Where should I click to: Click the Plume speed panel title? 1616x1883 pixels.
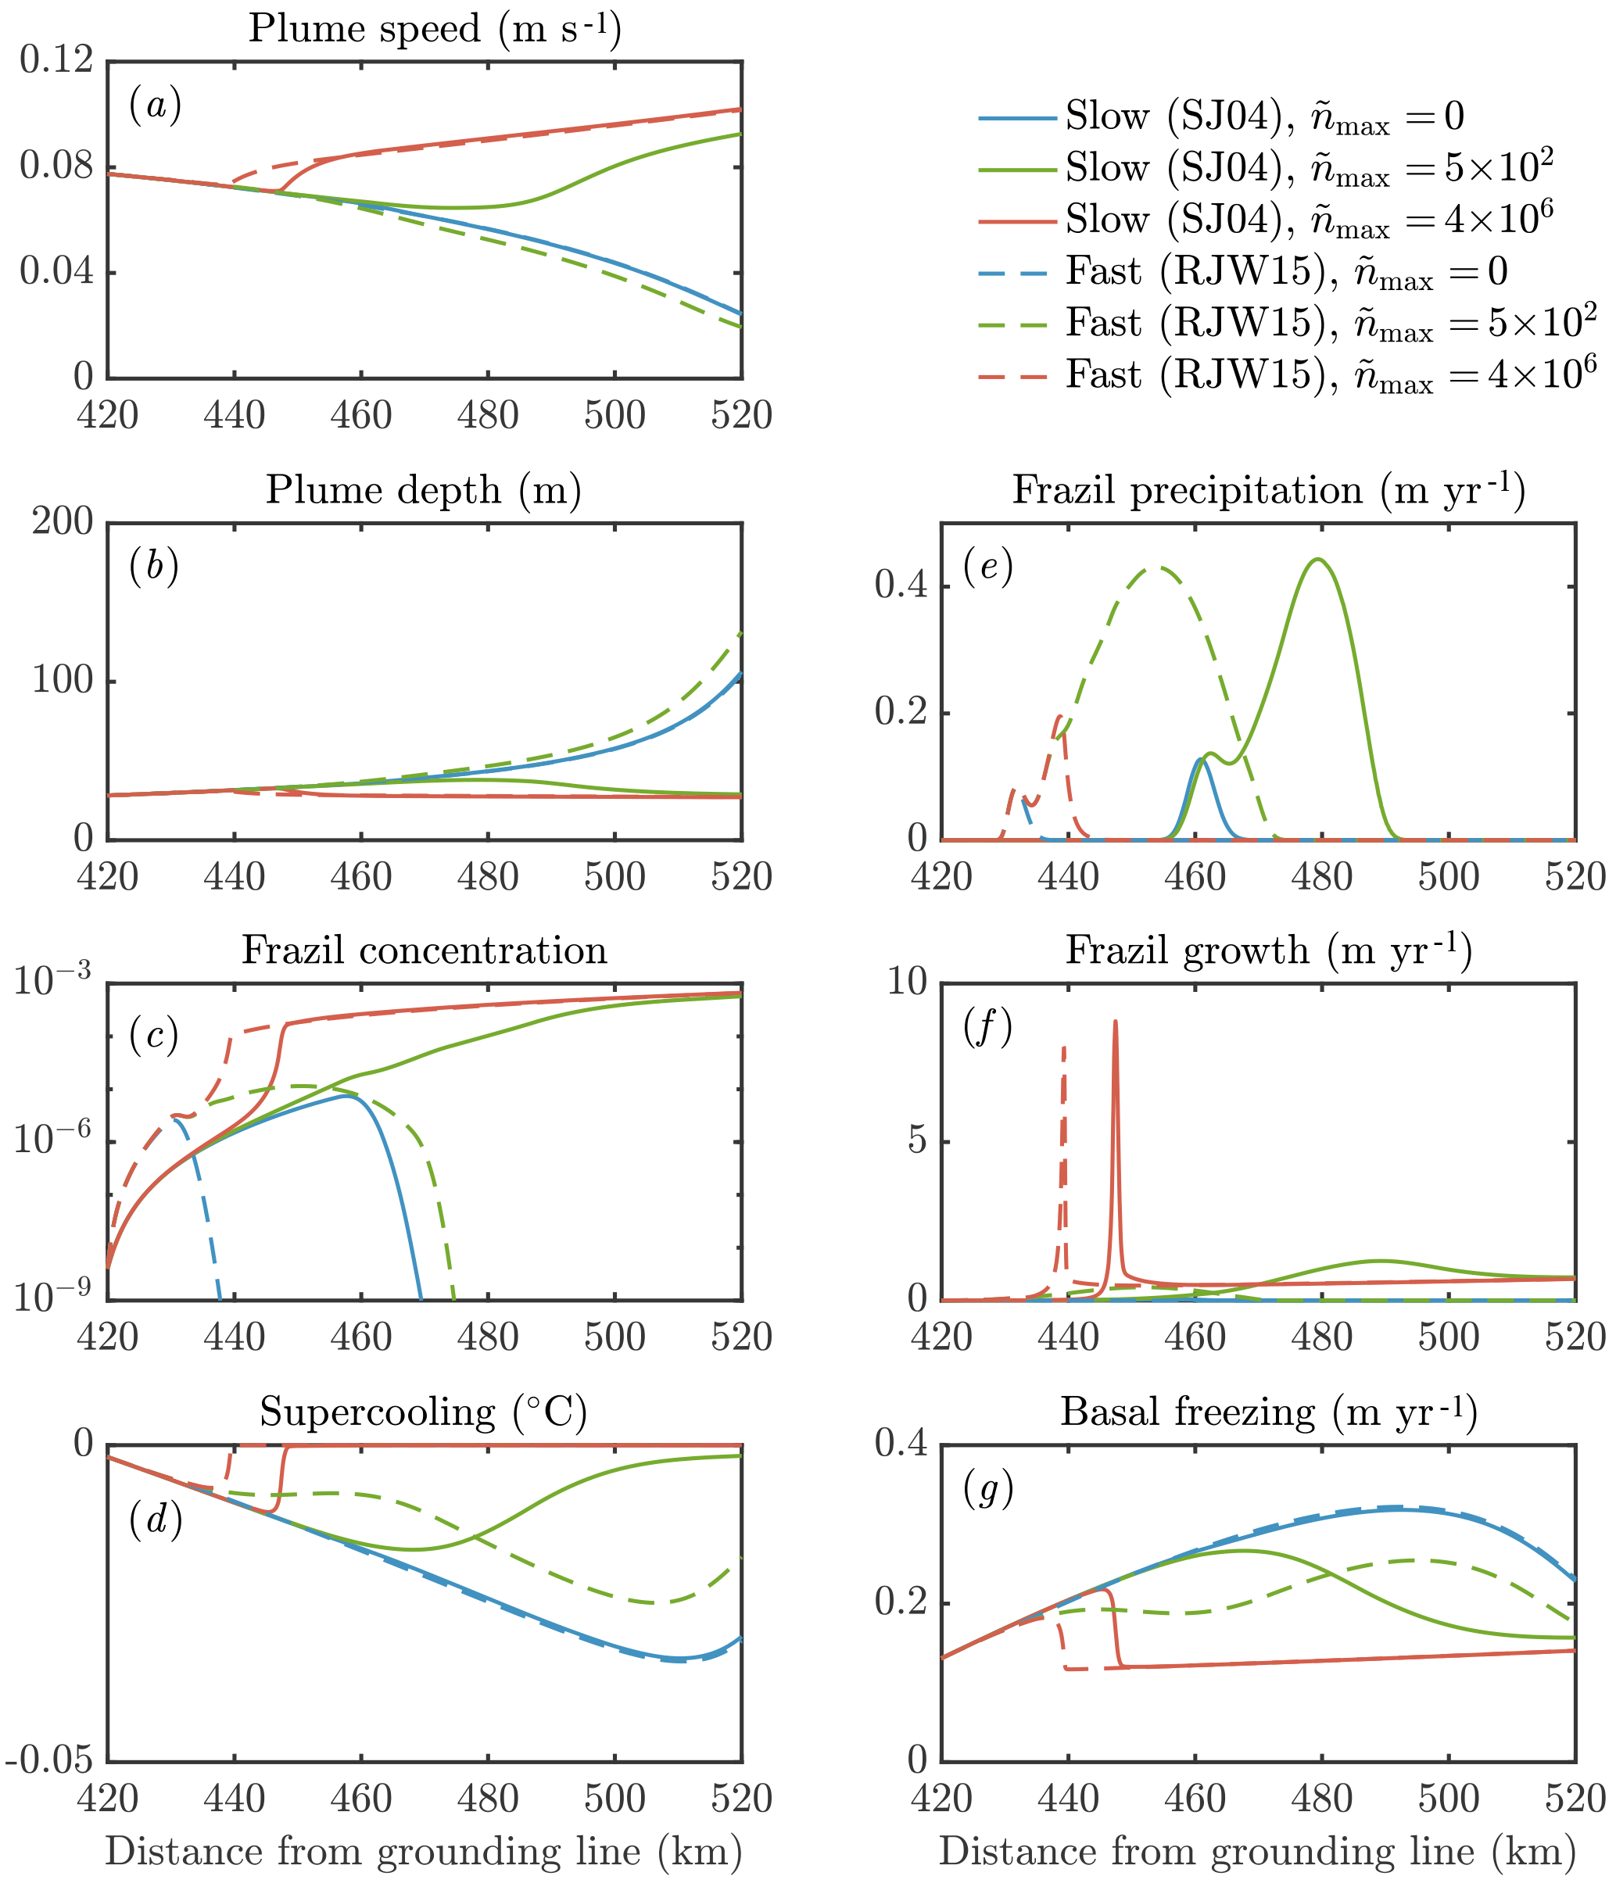tap(435, 29)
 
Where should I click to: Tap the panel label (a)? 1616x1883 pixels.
tap(155, 106)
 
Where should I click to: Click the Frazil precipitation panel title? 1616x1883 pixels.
tap(1268, 491)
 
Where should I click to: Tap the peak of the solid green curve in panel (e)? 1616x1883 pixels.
tap(1317, 560)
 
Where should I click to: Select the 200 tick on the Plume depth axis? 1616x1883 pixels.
tap(63, 523)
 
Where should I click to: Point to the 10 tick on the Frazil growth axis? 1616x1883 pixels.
tap(906, 983)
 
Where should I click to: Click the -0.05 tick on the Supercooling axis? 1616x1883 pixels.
tap(50, 1761)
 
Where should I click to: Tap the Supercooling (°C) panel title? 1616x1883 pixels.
tap(424, 1412)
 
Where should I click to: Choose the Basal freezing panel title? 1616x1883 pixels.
tap(1268, 1412)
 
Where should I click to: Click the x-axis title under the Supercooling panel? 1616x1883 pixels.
tap(424, 1852)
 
